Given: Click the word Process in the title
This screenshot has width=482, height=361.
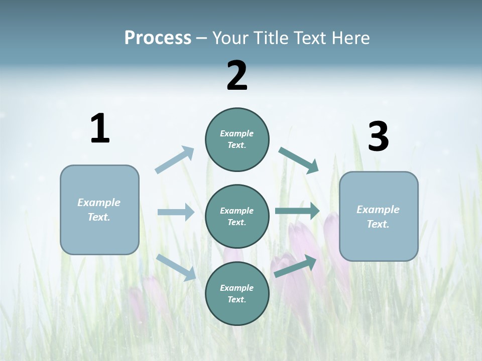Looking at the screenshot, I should (158, 38).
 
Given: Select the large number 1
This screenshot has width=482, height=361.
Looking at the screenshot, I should (100, 129).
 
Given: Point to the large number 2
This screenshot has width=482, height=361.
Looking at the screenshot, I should (237, 76).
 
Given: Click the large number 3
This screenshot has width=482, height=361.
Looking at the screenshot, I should (378, 137).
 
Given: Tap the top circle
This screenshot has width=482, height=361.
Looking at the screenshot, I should (237, 139).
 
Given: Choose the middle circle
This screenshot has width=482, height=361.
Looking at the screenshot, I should (237, 217).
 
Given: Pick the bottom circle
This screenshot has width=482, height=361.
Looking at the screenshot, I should (237, 294).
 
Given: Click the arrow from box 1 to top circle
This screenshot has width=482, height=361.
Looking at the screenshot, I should (175, 160).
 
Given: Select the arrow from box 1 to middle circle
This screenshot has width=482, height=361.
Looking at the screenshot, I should (176, 212).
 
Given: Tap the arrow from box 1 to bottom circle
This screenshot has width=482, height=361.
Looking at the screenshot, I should (176, 267).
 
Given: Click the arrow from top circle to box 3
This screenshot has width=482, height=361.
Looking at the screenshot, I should (299, 160).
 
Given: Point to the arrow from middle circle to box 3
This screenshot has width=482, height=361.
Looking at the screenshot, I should (297, 211).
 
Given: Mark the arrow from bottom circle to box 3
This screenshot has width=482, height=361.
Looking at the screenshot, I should (295, 266).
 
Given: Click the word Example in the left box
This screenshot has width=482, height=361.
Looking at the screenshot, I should (99, 203).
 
